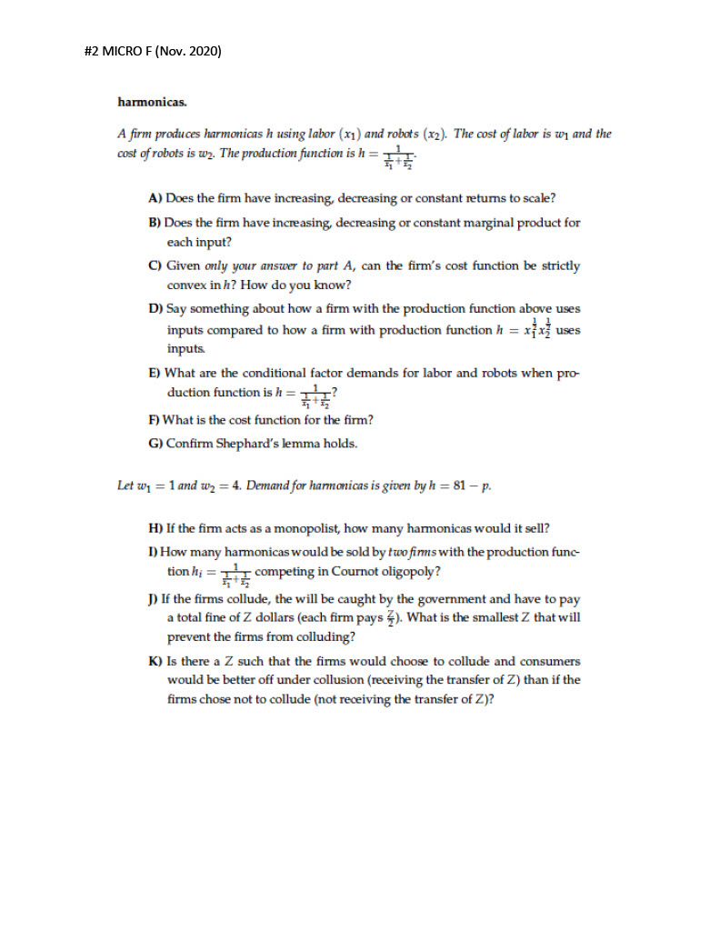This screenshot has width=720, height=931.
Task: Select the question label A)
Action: click(x=155, y=196)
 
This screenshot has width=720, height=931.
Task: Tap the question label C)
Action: click(x=155, y=265)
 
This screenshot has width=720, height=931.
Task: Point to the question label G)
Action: click(x=155, y=444)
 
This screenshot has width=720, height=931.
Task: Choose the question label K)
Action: click(x=155, y=661)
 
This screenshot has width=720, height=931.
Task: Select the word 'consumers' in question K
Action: click(x=551, y=661)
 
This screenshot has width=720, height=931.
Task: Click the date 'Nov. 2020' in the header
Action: click(x=189, y=51)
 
